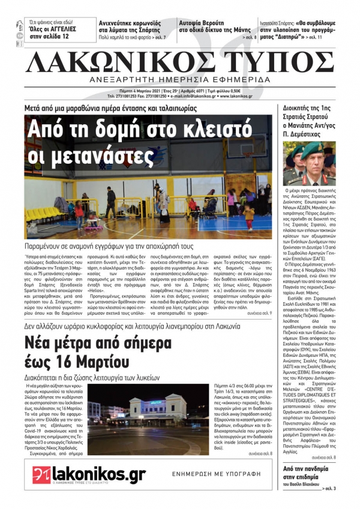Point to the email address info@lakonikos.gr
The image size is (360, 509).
[x=196, y=96]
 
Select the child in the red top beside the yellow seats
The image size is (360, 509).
[x=79, y=210]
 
